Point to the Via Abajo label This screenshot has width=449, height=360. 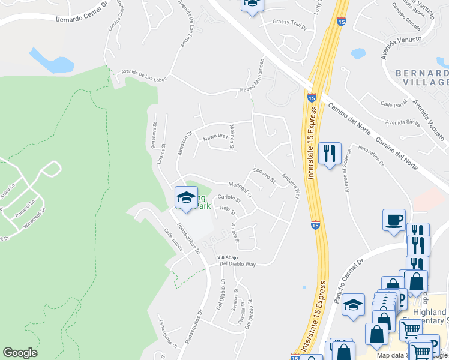click(229, 257)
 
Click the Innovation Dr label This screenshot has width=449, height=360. click(371, 155)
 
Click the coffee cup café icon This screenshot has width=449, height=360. click(394, 220)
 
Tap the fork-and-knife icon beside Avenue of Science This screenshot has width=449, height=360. click(330, 155)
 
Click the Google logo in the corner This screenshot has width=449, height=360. click(20, 353)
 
